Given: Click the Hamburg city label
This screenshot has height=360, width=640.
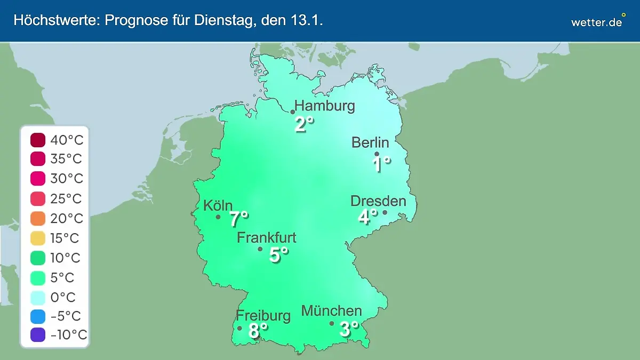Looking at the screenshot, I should [x=325, y=106].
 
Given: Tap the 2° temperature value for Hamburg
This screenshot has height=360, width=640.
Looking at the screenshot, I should [x=304, y=125].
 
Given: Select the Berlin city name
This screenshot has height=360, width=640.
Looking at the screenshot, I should [x=370, y=142].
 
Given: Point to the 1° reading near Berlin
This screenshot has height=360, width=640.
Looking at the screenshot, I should [x=381, y=164].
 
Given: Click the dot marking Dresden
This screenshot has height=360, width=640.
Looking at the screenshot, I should [x=385, y=212].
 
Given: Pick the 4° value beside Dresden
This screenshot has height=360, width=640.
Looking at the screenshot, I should [x=367, y=217].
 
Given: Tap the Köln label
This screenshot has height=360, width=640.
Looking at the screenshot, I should [x=218, y=205].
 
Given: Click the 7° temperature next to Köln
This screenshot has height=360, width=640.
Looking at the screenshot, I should [x=239, y=219].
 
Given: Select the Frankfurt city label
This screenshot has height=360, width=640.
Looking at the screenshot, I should [x=267, y=237].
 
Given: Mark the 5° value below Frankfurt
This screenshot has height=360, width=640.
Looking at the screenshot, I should [x=278, y=255].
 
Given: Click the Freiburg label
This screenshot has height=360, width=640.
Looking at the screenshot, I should [x=263, y=316].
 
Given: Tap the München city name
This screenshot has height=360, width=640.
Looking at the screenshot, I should [x=332, y=310].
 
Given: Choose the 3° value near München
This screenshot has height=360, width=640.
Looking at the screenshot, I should [x=349, y=329].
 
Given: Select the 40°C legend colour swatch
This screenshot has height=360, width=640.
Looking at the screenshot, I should [x=38, y=141].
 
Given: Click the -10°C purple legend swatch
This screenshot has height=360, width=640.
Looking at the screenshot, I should [x=38, y=335].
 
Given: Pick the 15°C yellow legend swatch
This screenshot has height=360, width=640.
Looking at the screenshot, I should [x=38, y=238].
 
